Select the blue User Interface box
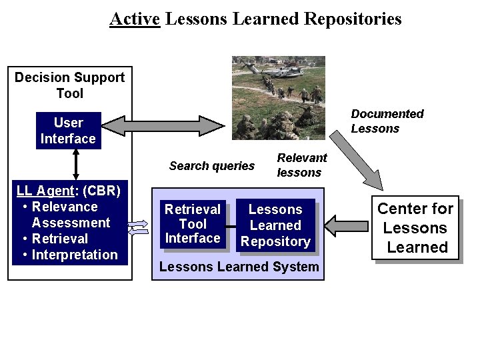point(68,131)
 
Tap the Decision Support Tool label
point(69,85)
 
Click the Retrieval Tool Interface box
point(193,225)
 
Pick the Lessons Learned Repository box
point(275,226)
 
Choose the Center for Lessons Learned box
point(415,227)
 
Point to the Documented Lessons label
point(387,121)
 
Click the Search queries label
point(211,166)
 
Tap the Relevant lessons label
point(301,165)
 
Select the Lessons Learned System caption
point(239,267)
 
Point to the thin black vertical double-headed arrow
point(77,164)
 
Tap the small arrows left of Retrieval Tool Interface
point(138,228)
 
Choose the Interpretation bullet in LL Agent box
point(74,255)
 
